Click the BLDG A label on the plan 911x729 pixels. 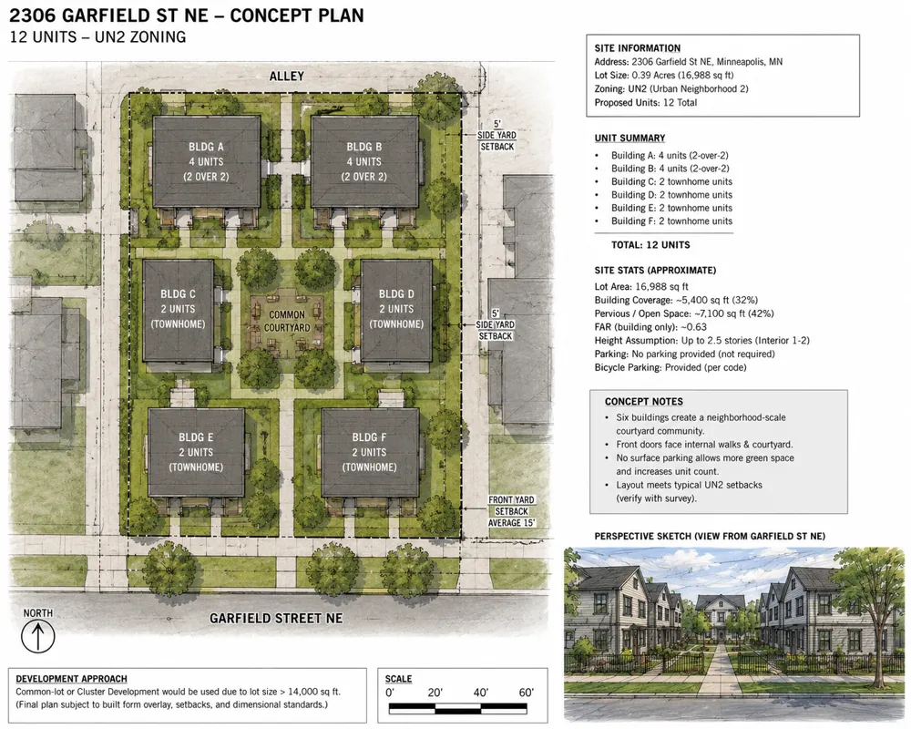[x=206, y=161]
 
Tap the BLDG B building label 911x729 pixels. [x=364, y=161]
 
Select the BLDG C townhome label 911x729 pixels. [x=178, y=309]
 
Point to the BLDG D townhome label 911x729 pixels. [x=396, y=309]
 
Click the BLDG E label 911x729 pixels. [x=196, y=452]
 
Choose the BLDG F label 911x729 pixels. [x=369, y=452]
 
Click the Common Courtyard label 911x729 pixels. [x=287, y=321]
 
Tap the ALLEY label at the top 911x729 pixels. [x=286, y=77]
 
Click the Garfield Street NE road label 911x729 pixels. [x=276, y=618]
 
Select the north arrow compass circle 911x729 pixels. [x=38, y=636]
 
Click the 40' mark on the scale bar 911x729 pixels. [x=480, y=693]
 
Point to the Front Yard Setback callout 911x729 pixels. [x=511, y=511]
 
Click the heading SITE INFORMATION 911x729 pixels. [x=638, y=48]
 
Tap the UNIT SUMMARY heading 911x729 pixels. [x=630, y=138]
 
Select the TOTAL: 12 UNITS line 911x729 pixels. [x=650, y=245]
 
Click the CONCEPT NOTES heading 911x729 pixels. [x=644, y=402]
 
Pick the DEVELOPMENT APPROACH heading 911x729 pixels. [x=71, y=678]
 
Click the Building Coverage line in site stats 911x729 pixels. [x=676, y=300]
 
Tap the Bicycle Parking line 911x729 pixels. [x=670, y=367]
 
